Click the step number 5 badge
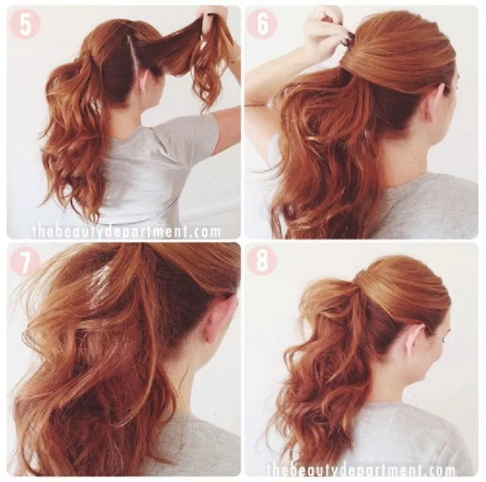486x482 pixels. (25, 24)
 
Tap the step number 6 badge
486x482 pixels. (262, 24)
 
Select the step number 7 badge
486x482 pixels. (25, 261)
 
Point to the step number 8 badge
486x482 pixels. (262, 261)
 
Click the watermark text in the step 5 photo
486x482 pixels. (126, 232)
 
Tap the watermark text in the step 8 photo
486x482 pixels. (361, 471)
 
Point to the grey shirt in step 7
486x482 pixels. (198, 443)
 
